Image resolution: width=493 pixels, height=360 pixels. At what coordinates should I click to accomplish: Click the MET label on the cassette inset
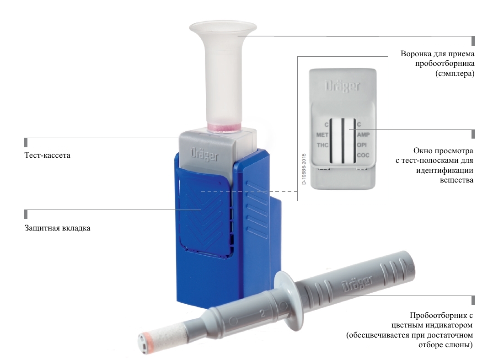pos(322,135)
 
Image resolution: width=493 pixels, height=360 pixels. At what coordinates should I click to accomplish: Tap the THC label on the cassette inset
pos(322,145)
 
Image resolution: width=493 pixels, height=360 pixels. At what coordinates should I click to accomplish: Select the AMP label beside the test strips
pos(363,134)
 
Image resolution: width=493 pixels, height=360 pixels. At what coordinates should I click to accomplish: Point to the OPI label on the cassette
pos(362,145)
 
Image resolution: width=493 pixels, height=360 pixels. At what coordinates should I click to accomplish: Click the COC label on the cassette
pos(363,155)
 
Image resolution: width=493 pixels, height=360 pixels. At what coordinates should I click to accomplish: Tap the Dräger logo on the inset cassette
pos(343,86)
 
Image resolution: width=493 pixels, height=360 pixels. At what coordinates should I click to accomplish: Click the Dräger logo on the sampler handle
pos(358,284)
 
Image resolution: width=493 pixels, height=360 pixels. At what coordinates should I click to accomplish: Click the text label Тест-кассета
pos(48,156)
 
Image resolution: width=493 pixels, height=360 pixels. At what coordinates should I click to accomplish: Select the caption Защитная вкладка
pos(58,228)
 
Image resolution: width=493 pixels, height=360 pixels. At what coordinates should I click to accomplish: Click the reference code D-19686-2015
pos(304,169)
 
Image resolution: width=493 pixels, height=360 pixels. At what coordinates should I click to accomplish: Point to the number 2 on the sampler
pos(263,313)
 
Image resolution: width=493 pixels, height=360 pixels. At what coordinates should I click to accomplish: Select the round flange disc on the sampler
pos(289,299)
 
